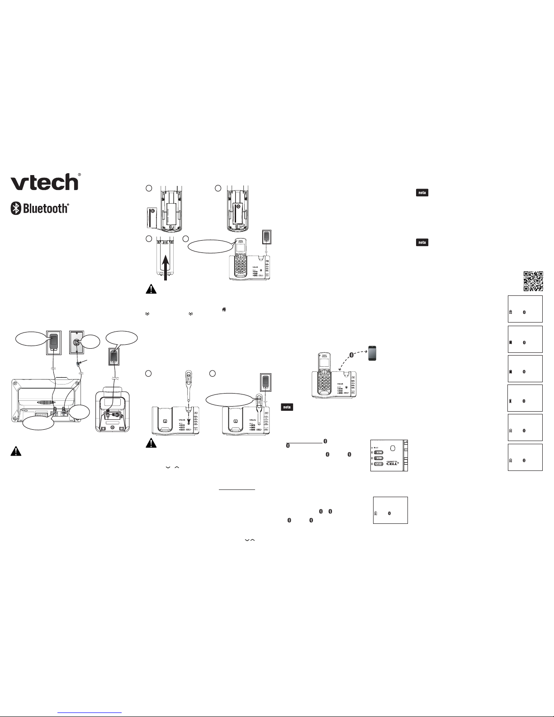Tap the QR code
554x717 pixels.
tap(533, 281)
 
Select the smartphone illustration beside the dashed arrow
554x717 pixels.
tap(372, 353)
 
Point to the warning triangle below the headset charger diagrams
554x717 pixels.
tap(151, 444)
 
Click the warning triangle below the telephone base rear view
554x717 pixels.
tap(16, 451)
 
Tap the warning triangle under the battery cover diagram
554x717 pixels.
tap(151, 289)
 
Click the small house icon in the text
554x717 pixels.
tap(223, 309)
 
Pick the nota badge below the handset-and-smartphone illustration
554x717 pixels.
tap(287, 407)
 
